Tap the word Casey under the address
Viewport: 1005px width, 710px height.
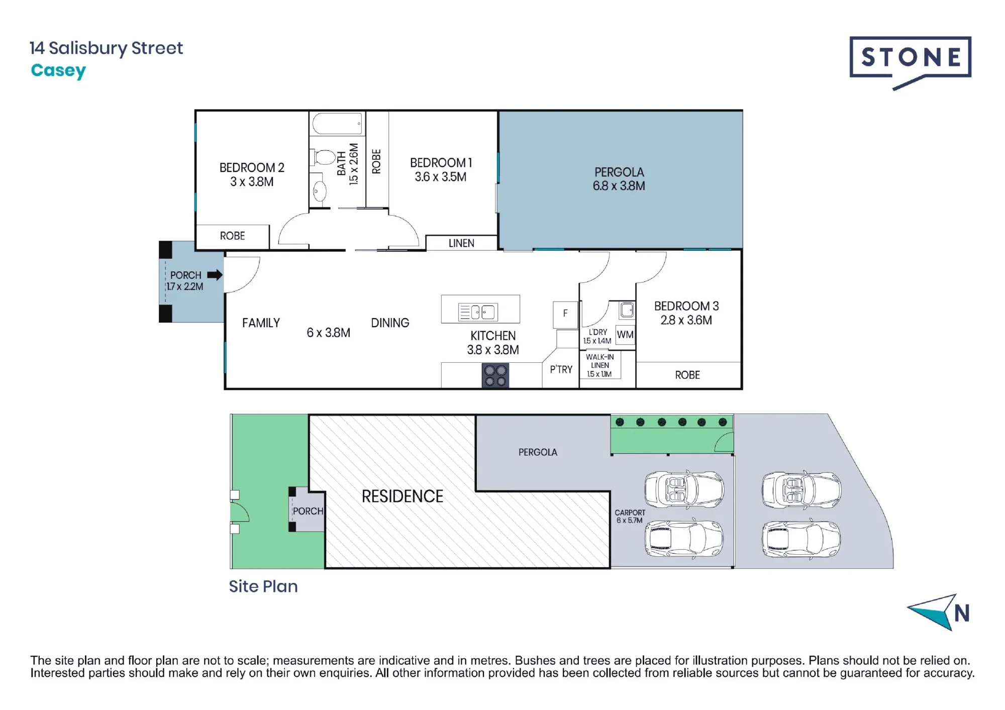click(58, 71)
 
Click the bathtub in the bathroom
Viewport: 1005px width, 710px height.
click(337, 123)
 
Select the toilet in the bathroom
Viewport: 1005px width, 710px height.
click(323, 157)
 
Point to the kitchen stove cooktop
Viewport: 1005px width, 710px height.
click(495, 376)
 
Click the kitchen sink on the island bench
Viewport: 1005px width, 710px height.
click(478, 312)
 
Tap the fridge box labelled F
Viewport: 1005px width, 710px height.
click(565, 315)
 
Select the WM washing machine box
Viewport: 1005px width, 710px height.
click(625, 335)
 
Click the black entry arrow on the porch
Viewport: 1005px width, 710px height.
click(215, 275)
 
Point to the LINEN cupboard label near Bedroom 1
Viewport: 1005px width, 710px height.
click(461, 243)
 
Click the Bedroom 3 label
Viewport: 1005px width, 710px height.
click(686, 306)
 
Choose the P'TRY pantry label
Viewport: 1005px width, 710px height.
click(561, 369)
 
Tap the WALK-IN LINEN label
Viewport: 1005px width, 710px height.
click(600, 361)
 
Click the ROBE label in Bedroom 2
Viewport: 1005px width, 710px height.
click(232, 236)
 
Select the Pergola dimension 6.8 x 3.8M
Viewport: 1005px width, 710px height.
click(619, 186)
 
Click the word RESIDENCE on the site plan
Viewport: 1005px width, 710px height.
click(403, 496)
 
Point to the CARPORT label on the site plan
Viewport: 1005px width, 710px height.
click(630, 513)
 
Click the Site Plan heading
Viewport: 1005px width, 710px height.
click(263, 586)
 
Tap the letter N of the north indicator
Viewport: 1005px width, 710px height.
click(961, 614)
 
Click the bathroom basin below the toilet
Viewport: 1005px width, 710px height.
click(319, 191)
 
